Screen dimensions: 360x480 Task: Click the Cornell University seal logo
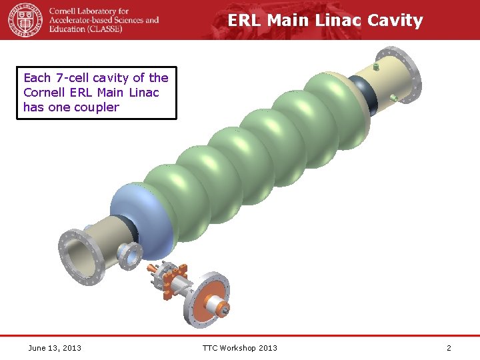(25, 19)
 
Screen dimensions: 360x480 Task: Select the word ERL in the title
(244, 21)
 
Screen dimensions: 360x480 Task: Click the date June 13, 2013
(55, 347)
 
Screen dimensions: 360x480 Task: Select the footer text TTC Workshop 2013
(240, 347)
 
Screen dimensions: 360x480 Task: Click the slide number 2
(449, 347)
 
